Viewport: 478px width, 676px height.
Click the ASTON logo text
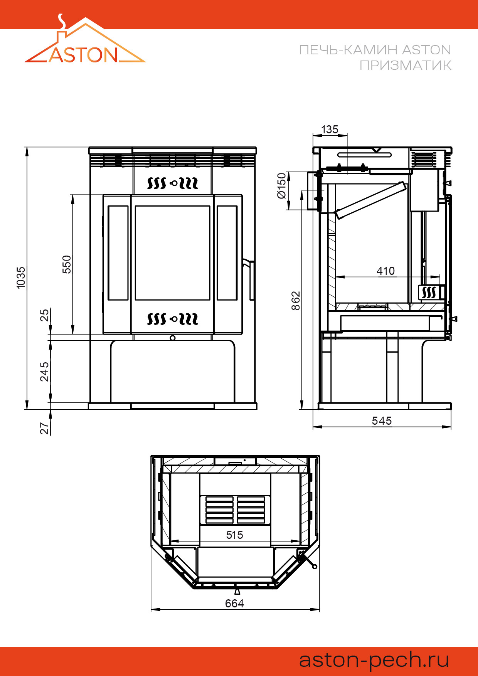click(x=83, y=55)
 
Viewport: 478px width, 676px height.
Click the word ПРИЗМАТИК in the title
click(x=405, y=66)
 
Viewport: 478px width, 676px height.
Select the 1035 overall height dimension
click(x=21, y=277)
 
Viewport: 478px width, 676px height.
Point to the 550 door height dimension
click(x=67, y=264)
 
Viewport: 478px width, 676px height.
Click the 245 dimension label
click(x=45, y=372)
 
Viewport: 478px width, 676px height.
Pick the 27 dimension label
click(x=45, y=428)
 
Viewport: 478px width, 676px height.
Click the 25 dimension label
click(x=45, y=315)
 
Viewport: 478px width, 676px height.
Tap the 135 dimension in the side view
click(x=330, y=129)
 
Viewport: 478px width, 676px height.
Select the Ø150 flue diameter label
click(x=282, y=186)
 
